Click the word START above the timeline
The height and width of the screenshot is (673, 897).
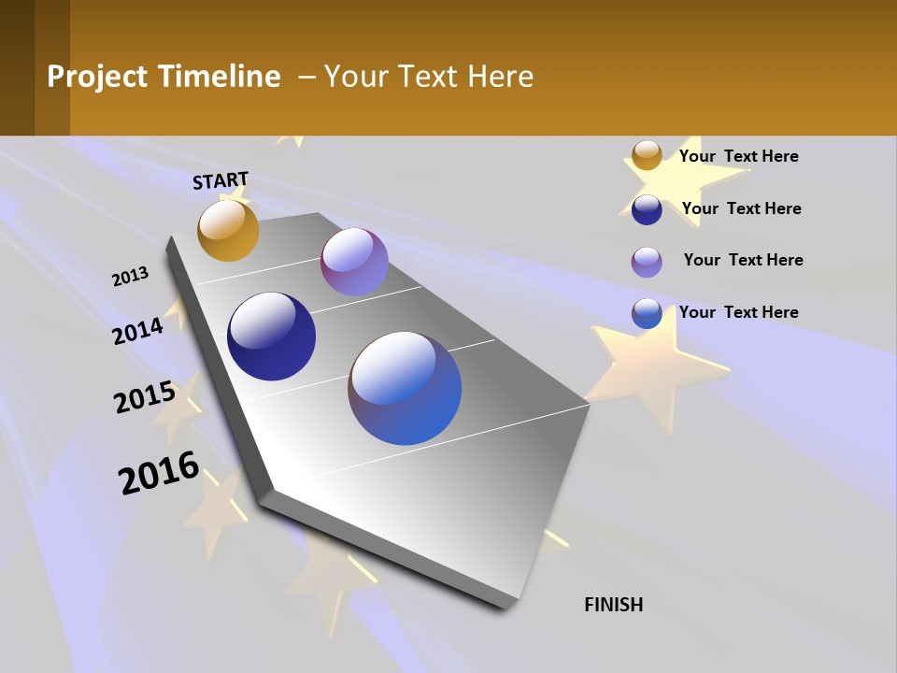[x=221, y=180]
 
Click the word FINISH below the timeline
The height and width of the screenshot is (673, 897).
[x=614, y=605]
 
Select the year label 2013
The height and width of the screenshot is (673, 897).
[x=131, y=277]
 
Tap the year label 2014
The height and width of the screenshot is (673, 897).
[x=138, y=332]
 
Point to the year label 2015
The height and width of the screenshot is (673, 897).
[x=145, y=397]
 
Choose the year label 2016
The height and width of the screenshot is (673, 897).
[x=159, y=473]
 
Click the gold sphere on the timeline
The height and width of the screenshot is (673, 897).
[x=228, y=231]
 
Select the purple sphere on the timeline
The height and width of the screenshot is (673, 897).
[x=354, y=262]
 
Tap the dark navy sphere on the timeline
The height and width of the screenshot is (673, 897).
[x=271, y=336]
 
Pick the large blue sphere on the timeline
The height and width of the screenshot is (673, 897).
[x=405, y=388]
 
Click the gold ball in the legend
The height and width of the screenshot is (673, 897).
[x=647, y=156]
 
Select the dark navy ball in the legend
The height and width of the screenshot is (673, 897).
[x=647, y=209]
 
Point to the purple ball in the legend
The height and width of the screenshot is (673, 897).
[x=647, y=262]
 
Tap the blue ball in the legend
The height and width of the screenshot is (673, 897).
[x=647, y=313]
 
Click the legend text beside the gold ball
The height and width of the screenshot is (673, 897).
[x=739, y=156]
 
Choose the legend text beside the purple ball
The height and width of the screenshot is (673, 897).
[x=744, y=260]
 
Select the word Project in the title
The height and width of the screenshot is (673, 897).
[x=95, y=77]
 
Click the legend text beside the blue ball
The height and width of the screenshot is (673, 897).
[x=739, y=312]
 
